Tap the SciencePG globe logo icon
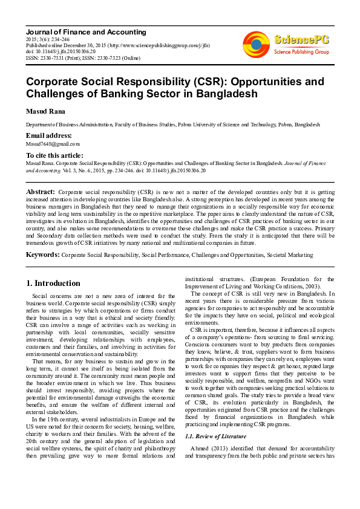click(x=257, y=44)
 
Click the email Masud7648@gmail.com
click(x=52, y=144)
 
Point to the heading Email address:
click(x=48, y=135)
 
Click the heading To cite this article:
click(x=55, y=155)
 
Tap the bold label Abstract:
click(x=41, y=192)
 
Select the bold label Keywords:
click(x=42, y=255)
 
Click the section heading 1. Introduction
click(x=54, y=283)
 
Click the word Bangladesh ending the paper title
click(x=223, y=94)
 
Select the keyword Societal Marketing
click(x=292, y=255)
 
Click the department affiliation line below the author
click(x=172, y=124)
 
